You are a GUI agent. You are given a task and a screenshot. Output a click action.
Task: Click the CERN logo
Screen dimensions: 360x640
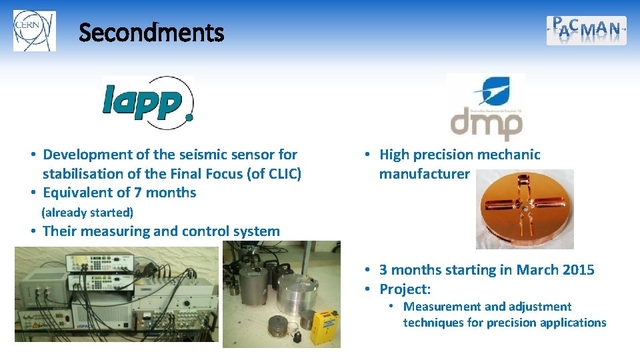(x=34, y=31)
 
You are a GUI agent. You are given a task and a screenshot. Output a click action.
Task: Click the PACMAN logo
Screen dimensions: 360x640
(x=586, y=30)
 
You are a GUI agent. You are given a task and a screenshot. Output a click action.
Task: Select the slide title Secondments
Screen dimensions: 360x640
(x=151, y=32)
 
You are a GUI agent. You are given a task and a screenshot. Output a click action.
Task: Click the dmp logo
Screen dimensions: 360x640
(x=485, y=107)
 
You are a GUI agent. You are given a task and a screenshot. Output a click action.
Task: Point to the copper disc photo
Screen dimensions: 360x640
(x=524, y=209)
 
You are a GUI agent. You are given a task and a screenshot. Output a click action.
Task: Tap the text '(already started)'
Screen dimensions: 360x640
(x=87, y=213)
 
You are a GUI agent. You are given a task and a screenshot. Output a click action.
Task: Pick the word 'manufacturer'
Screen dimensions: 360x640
(x=424, y=174)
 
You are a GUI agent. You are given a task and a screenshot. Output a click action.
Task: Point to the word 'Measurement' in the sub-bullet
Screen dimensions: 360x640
(x=442, y=307)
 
